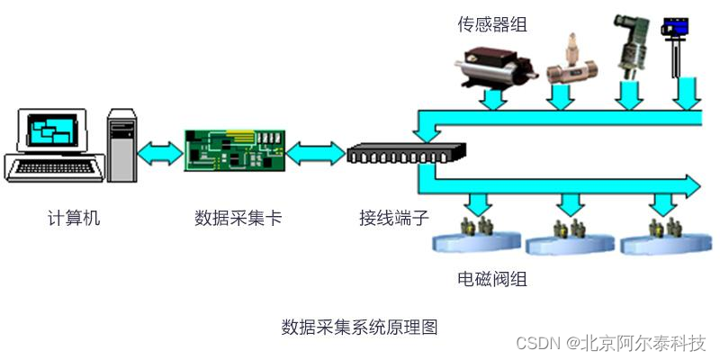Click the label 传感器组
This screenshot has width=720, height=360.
point(491,24)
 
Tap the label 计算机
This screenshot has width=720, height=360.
point(74,218)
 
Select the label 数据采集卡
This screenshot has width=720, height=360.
point(238,218)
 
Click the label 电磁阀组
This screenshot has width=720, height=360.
point(491,279)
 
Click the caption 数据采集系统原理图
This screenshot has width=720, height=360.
point(359,327)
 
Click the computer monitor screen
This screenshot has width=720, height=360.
point(51,133)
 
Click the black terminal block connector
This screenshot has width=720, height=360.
point(407,153)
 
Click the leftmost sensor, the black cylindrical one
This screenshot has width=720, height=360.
point(493,66)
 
